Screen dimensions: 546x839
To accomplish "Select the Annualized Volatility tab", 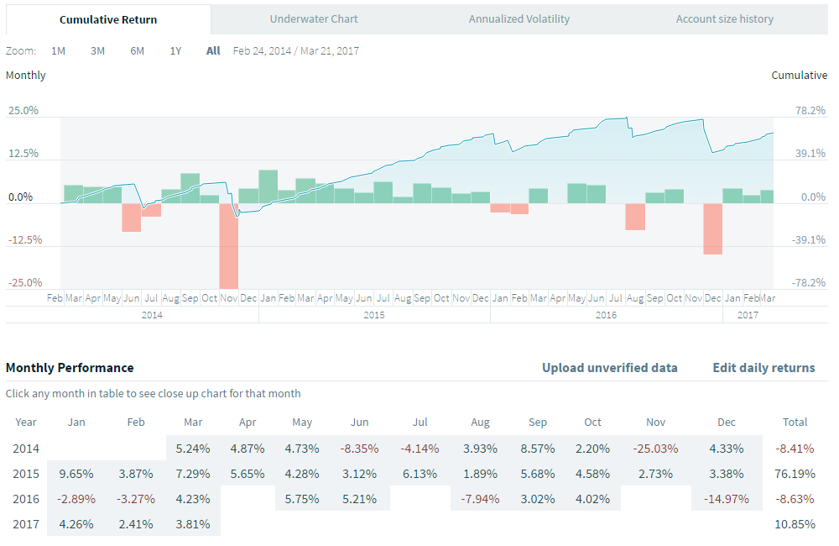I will (519, 18).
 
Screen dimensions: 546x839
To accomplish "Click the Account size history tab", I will (724, 18).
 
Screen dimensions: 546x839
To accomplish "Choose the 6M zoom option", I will (137, 50).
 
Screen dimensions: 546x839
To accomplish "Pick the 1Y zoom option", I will (175, 50).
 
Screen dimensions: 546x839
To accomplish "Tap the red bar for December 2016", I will (712, 228).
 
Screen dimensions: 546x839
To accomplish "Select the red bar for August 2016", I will (635, 216).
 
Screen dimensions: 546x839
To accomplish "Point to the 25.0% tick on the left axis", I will (23, 110).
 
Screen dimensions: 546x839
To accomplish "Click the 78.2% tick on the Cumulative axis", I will (810, 110).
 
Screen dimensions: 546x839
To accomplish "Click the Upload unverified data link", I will (609, 367).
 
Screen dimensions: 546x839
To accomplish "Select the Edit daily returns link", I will (763, 367).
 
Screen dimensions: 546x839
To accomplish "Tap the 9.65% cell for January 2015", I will (76, 474).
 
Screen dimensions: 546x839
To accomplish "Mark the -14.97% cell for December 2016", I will (727, 499).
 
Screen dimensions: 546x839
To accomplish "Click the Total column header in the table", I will (795, 422).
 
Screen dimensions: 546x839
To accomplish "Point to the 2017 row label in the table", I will (26, 524).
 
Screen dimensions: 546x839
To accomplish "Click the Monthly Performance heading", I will (70, 367).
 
